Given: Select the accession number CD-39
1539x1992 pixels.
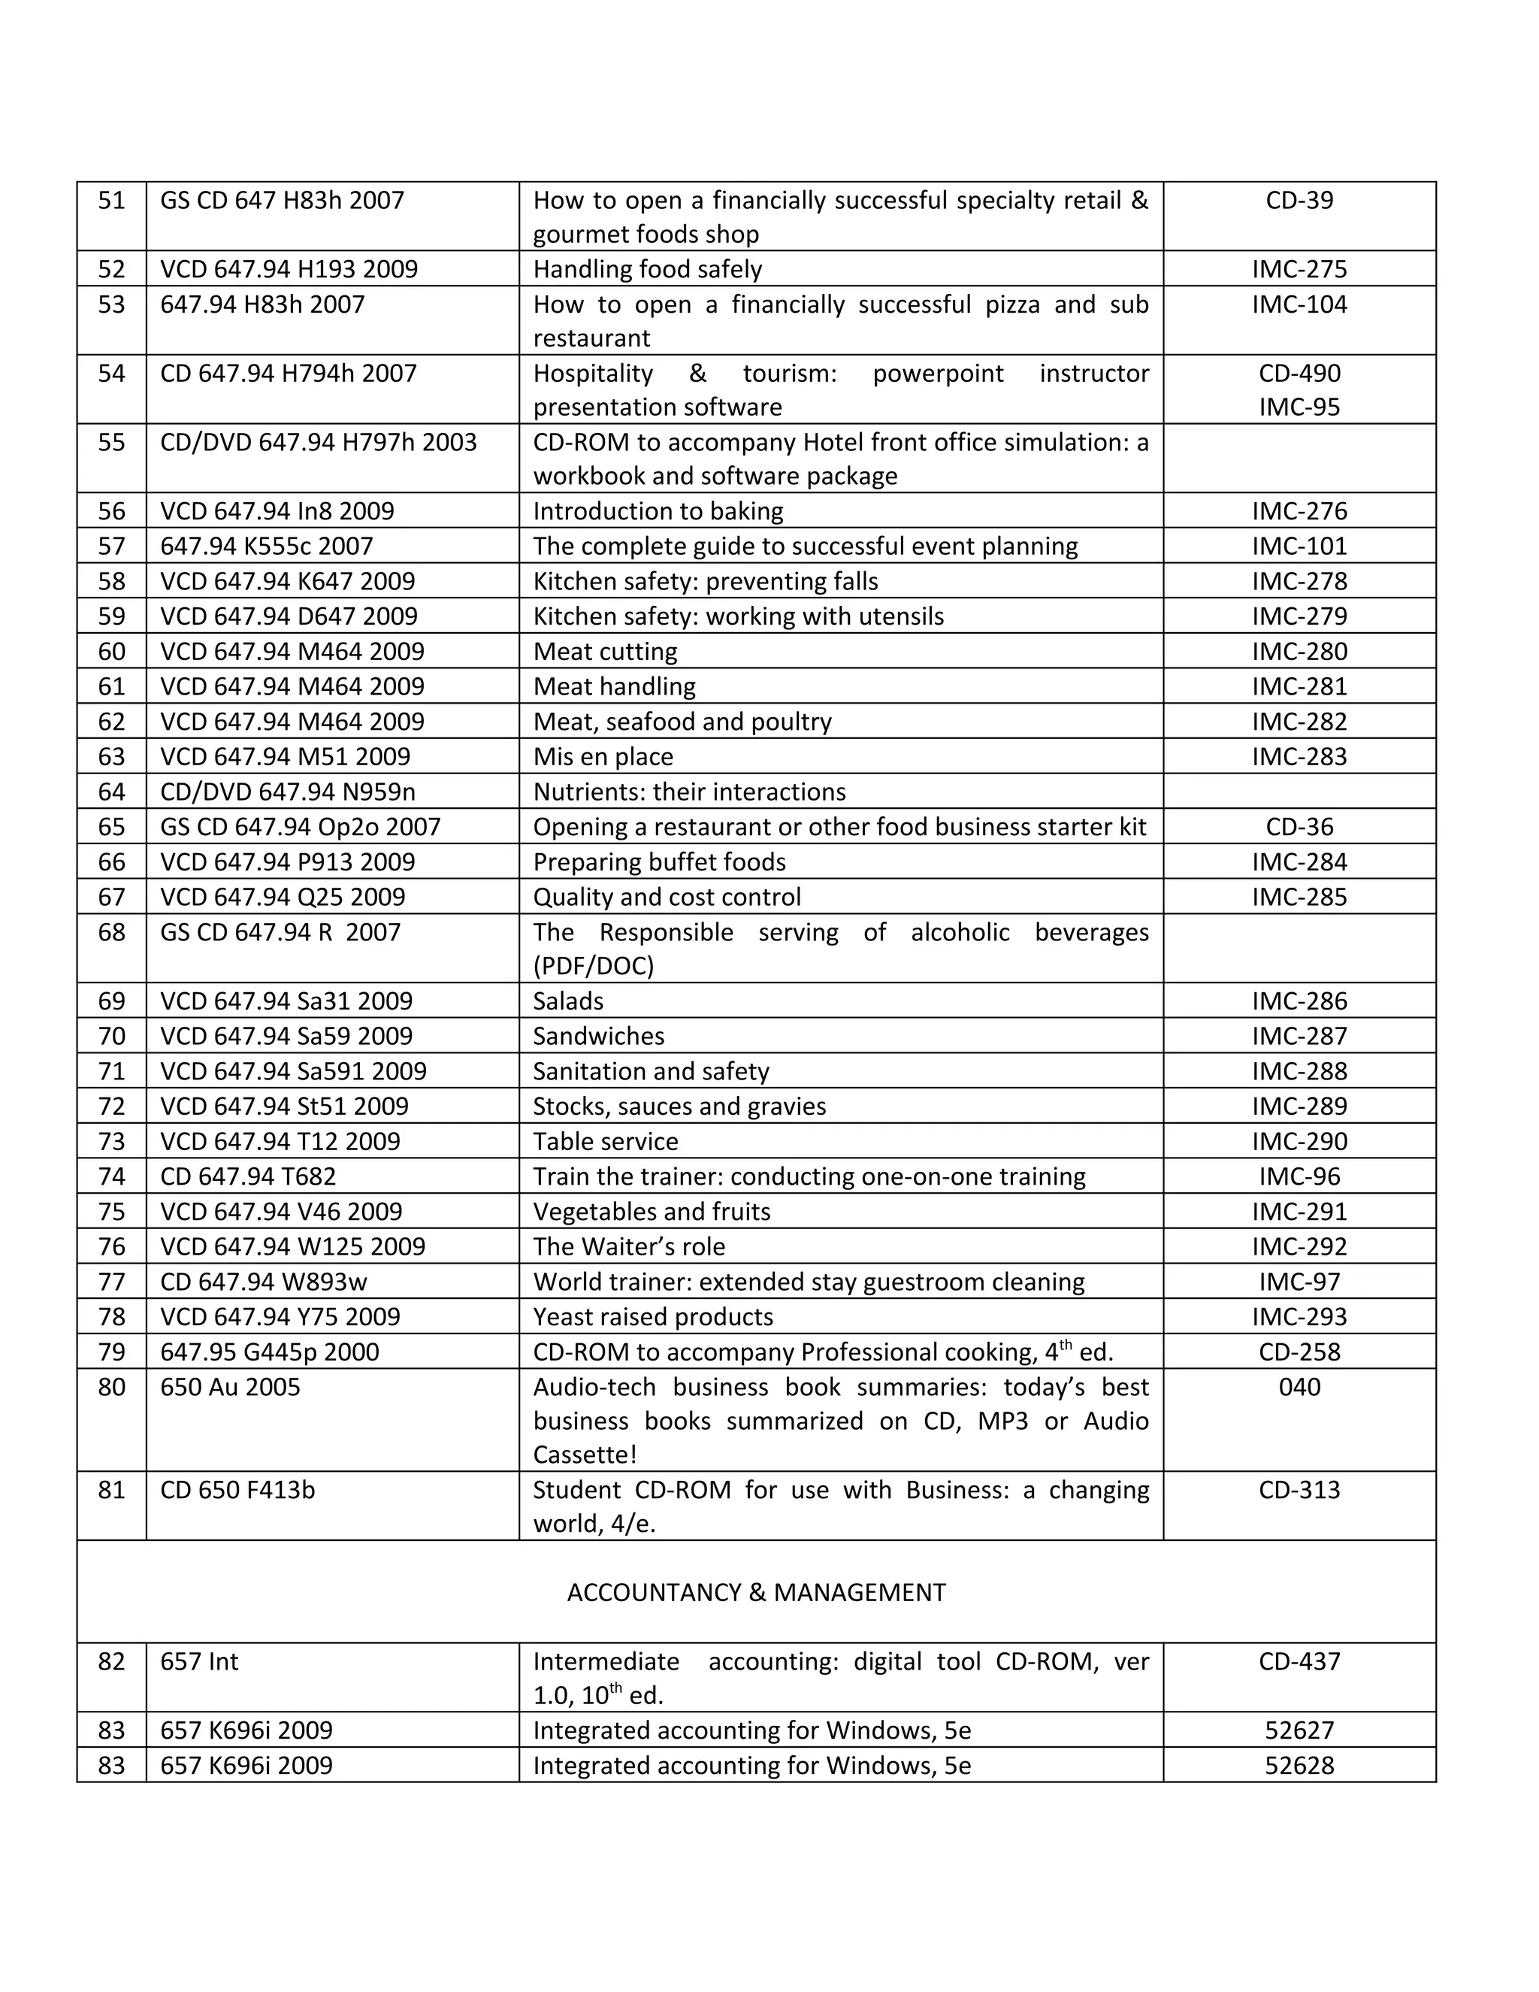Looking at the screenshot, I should click(x=1299, y=200).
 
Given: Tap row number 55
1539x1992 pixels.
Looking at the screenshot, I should click(x=111, y=442).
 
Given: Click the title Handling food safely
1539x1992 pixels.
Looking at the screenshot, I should click(x=647, y=269).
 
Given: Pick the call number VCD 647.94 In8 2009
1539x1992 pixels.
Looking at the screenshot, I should click(x=277, y=510).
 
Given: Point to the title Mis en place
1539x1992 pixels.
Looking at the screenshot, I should click(x=603, y=756).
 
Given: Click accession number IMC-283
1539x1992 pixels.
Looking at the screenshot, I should click(x=1299, y=756).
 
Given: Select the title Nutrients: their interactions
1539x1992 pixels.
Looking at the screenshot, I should click(x=688, y=792).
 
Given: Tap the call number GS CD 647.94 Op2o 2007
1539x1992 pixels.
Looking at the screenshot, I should click(x=300, y=826).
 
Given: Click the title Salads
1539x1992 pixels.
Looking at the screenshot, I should click(x=568, y=1001).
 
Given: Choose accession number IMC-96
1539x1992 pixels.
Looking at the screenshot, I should click(x=1299, y=1176).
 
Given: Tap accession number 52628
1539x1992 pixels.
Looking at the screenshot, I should click(x=1299, y=1765).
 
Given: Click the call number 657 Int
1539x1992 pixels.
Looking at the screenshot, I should click(x=198, y=1661).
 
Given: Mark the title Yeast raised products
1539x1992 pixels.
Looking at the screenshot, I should click(x=653, y=1316).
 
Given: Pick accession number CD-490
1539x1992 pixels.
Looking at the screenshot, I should click(x=1299, y=373).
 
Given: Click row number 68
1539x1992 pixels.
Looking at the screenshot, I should click(x=111, y=932).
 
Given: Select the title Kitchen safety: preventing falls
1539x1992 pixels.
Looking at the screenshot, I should click(x=705, y=581).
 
